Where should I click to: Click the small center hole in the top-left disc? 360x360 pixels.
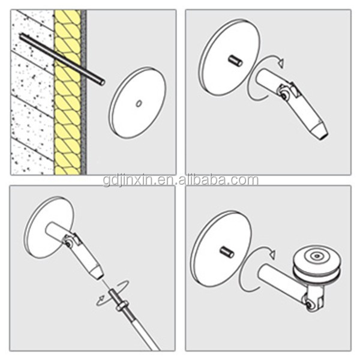pos(139,104)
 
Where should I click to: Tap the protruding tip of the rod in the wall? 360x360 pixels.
pos(102,82)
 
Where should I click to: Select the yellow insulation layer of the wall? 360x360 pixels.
pos(67,92)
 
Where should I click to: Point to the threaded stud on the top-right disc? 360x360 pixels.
pos(235,61)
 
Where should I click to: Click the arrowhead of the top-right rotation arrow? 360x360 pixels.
pos(281,62)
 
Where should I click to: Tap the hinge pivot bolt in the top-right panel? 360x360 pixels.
pos(284,95)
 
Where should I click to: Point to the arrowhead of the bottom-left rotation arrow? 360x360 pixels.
pos(101,299)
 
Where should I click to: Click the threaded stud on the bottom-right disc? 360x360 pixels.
pos(227,252)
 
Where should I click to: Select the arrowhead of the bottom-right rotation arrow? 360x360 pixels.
pos(273,254)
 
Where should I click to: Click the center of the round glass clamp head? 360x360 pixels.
pos(317,256)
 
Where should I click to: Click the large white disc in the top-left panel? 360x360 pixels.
pos(137,103)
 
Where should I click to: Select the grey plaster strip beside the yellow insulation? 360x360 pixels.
pos(84,92)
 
